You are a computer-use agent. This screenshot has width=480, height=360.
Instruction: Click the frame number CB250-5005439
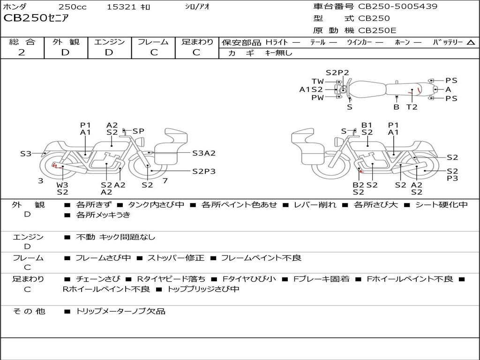[x=397, y=6]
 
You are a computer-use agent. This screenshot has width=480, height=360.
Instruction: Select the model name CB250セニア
[x=36, y=18]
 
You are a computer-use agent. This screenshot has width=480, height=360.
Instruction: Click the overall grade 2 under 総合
[x=22, y=52]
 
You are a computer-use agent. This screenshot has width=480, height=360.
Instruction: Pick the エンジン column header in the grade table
[x=109, y=42]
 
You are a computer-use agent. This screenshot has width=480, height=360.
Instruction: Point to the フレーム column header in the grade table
[x=153, y=42]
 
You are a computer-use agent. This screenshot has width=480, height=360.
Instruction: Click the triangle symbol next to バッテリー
[x=471, y=43]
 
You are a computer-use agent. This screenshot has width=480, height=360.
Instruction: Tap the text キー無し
[x=278, y=53]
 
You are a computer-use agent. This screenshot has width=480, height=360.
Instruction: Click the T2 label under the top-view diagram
[x=412, y=107]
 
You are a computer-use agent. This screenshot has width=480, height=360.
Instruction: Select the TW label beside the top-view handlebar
[x=317, y=82]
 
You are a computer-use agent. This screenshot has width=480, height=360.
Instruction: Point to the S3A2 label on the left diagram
[x=204, y=153]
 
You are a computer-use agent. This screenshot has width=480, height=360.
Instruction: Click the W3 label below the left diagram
[x=62, y=185]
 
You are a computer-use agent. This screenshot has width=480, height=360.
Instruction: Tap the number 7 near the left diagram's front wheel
[x=165, y=180]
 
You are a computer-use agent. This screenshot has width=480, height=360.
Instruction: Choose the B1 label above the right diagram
[x=367, y=125]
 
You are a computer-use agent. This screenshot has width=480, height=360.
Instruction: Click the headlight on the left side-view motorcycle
[x=141, y=142]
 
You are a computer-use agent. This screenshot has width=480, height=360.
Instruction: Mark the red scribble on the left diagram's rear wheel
[x=55, y=165]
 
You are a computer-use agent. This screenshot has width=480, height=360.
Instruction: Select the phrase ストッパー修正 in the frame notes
[x=176, y=258]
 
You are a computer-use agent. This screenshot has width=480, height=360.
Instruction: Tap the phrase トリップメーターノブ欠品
[x=120, y=311]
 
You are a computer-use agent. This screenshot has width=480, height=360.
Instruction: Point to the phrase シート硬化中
[x=442, y=204]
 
